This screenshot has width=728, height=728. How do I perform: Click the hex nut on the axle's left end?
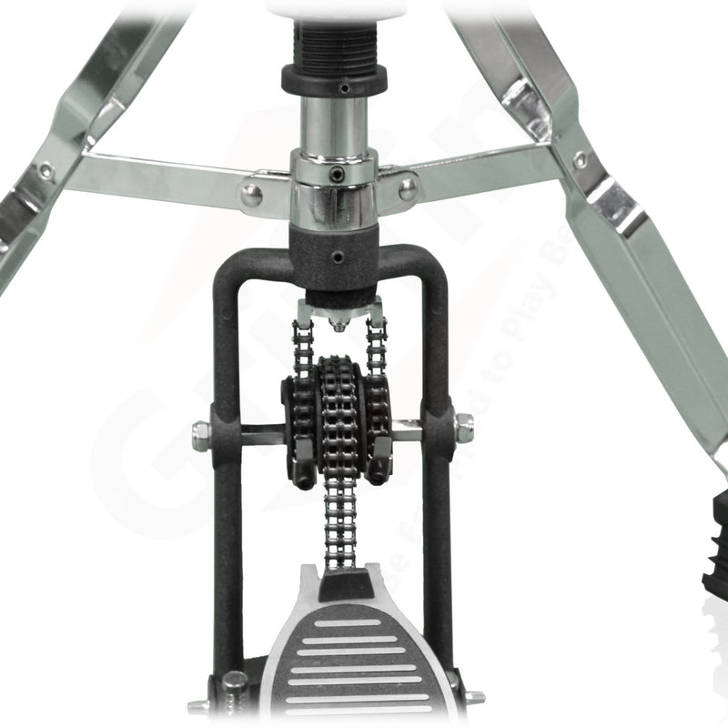click(201, 436)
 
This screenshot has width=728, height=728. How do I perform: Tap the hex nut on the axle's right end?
click(463, 428)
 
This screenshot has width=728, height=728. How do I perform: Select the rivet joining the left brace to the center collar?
click(251, 193)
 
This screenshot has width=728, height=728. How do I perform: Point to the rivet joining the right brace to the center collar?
click(408, 188)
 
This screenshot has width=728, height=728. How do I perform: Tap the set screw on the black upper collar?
click(344, 88)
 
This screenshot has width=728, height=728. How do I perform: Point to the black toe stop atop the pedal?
click(345, 583)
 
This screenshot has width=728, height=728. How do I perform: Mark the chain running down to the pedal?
click(339, 519)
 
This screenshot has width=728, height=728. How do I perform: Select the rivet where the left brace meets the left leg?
click(46, 170)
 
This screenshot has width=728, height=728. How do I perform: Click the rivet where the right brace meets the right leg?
click(580, 161)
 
